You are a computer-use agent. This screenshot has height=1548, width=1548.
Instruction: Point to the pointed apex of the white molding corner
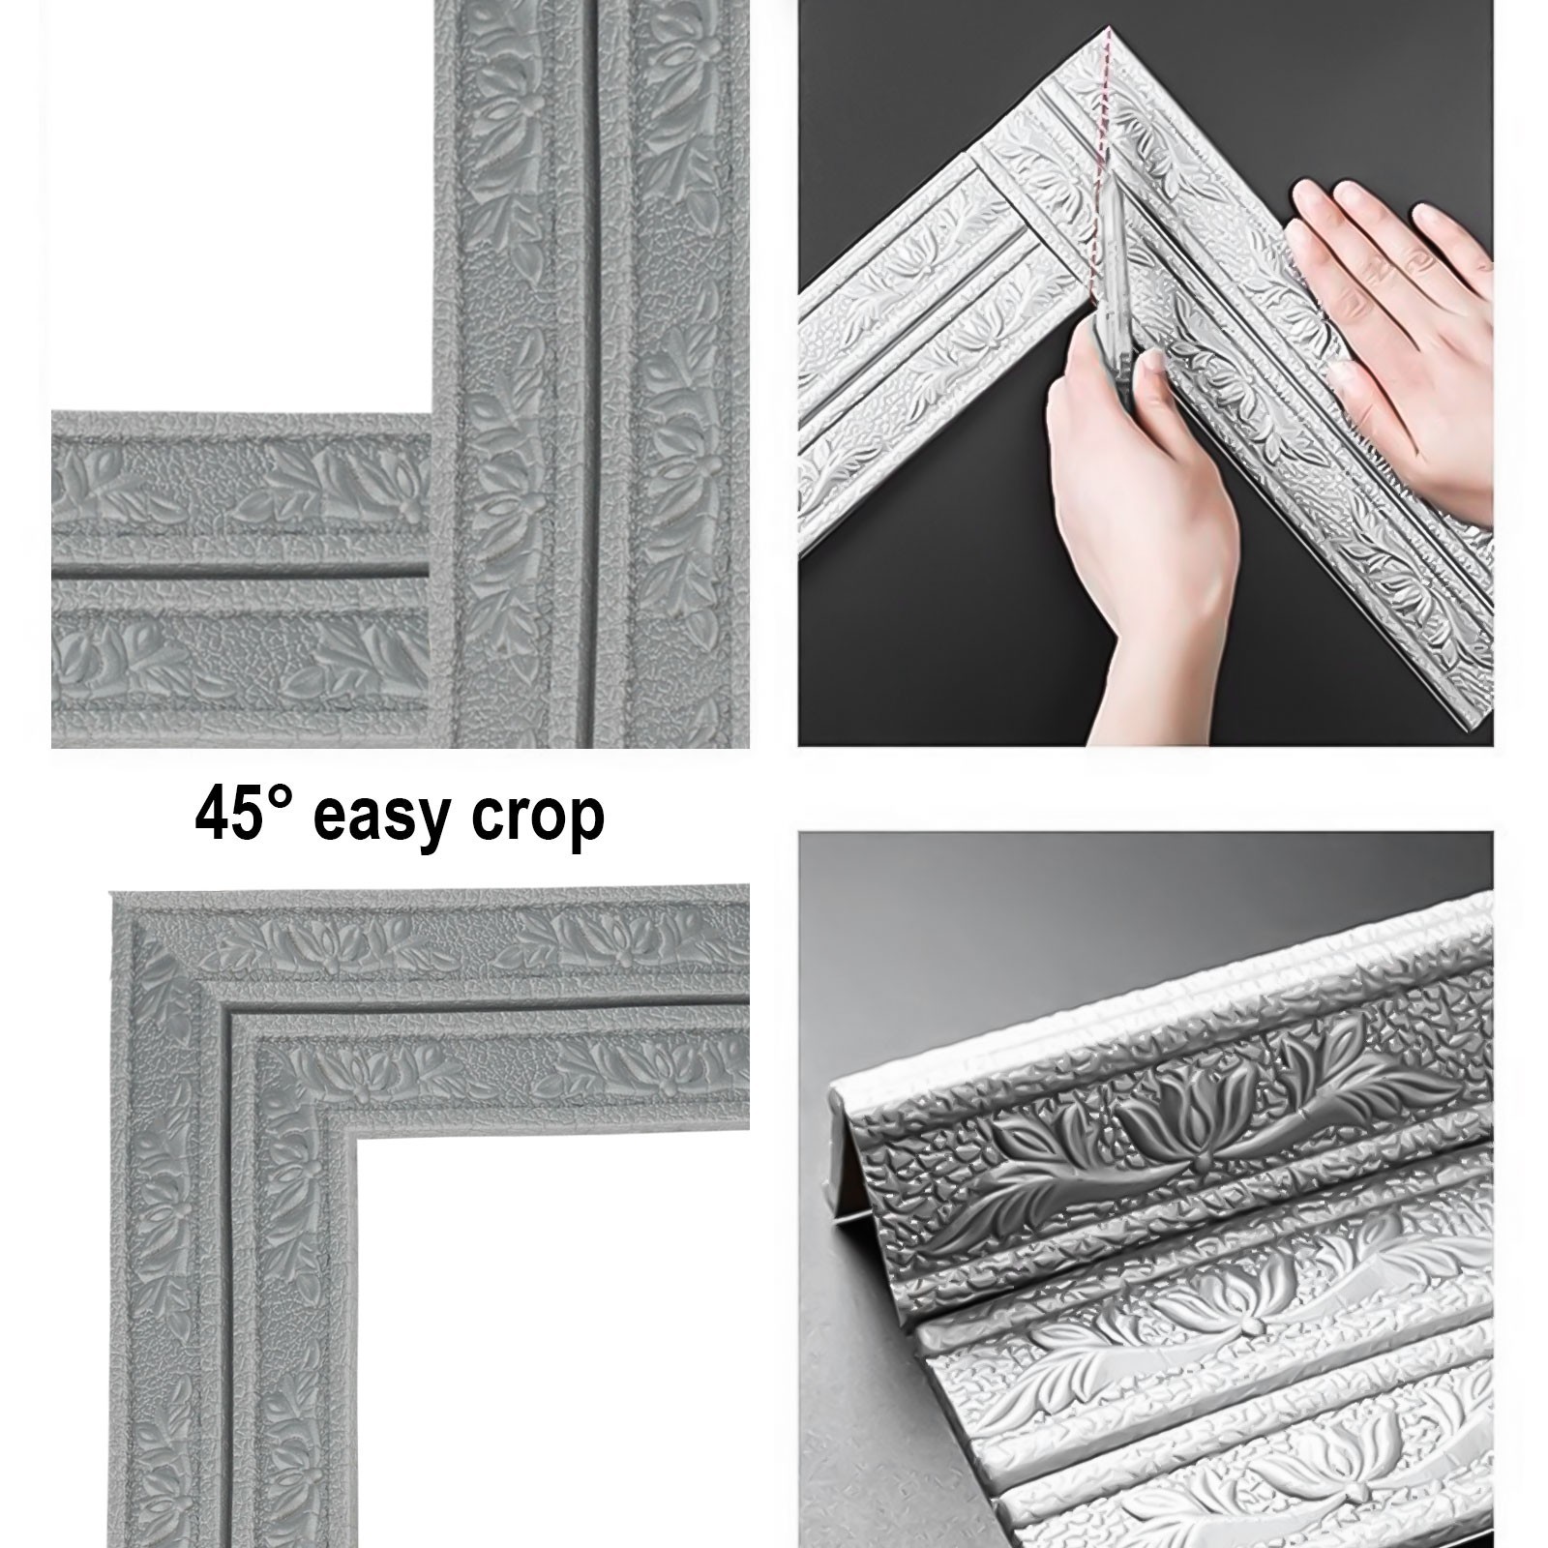tap(1104, 32)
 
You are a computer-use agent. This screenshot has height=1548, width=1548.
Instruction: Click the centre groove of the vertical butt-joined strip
tap(593, 387)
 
